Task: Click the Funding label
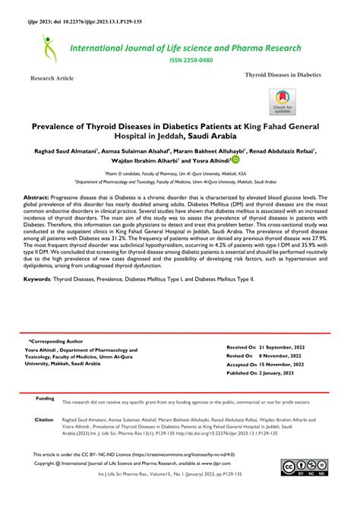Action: (45, 398)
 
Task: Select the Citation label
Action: (44, 419)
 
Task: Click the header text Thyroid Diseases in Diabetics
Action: (283, 76)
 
